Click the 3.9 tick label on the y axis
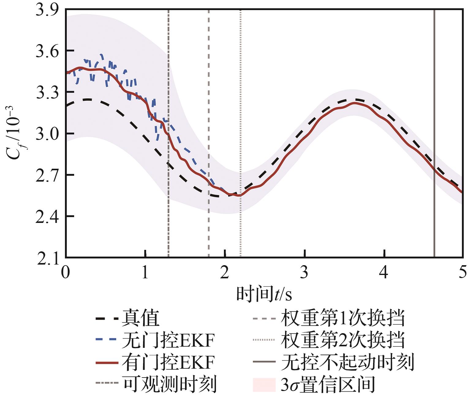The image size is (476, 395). [x=47, y=10]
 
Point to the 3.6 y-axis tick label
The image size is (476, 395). [x=47, y=52]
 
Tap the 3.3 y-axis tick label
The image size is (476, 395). [x=47, y=93]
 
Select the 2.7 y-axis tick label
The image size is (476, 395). [x=47, y=176]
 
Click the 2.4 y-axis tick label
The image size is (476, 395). [x=47, y=217]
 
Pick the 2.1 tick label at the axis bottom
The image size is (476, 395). [x=48, y=259]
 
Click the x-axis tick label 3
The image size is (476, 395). [x=304, y=272]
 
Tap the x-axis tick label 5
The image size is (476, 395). [x=463, y=272]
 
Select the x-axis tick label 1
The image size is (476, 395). [x=145, y=272]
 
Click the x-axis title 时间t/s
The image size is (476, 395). [x=264, y=294]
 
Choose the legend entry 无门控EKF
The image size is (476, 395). [x=168, y=340]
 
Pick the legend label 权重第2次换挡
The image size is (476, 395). [x=343, y=340]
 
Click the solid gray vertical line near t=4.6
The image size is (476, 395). [x=434, y=133]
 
